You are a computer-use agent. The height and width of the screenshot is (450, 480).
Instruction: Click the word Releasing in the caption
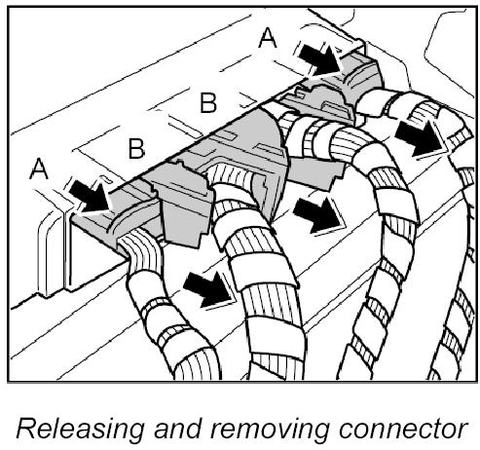80,430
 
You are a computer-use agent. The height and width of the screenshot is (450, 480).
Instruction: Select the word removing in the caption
270,430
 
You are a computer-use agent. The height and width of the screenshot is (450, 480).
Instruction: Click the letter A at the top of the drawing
268,38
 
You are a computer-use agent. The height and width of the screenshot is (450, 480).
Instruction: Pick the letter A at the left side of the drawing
39,169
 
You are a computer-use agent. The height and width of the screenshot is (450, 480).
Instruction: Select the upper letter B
208,102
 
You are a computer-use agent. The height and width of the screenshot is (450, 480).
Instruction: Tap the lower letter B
136,148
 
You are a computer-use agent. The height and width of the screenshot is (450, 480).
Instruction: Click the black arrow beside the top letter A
319,59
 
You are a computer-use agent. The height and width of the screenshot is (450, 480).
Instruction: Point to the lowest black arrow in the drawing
208,289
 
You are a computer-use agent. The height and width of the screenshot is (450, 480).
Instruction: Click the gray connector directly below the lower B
183,205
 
